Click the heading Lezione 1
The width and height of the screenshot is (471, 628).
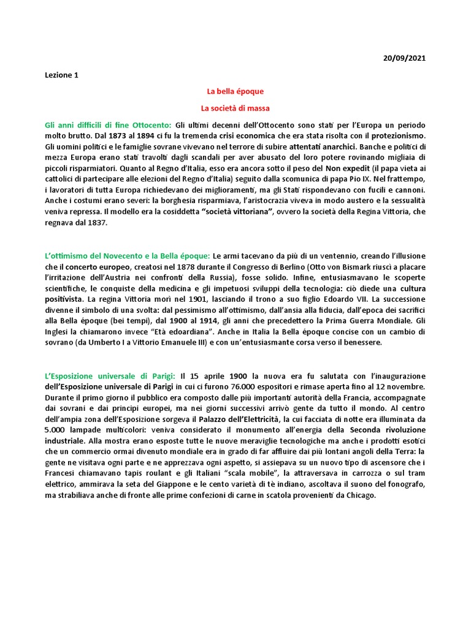[x=62, y=75]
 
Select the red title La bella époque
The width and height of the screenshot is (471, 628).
[x=235, y=91]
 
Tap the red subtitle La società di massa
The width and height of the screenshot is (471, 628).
[x=235, y=108]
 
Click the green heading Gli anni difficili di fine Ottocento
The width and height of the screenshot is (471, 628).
[x=108, y=124]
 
